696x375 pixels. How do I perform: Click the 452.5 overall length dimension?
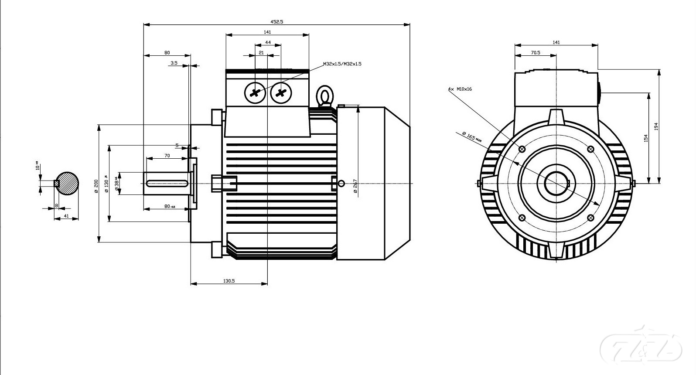coord(277,21)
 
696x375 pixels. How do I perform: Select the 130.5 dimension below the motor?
coord(229,281)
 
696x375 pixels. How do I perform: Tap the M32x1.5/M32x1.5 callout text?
coord(342,64)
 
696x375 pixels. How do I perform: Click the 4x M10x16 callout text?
coord(460,89)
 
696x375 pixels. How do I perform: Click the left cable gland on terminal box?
coord(255,92)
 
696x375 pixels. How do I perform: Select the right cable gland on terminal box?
coord(281,92)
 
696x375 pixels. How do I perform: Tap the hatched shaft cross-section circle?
coord(67,183)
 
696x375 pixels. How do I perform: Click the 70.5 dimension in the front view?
coord(535,53)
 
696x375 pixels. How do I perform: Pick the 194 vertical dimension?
coord(656,126)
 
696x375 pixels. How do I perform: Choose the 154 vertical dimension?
coord(646,137)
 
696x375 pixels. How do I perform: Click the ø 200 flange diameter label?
coord(96,185)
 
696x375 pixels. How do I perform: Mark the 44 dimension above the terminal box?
coord(268,42)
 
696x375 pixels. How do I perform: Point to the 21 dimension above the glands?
coord(261,53)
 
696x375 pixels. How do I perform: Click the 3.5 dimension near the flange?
coord(174,63)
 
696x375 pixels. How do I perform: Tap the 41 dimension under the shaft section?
coord(66,216)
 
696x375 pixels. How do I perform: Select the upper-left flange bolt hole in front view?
coord(522,149)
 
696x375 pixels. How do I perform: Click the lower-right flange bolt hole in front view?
coord(591,218)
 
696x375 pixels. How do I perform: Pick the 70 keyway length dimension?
coord(167,156)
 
